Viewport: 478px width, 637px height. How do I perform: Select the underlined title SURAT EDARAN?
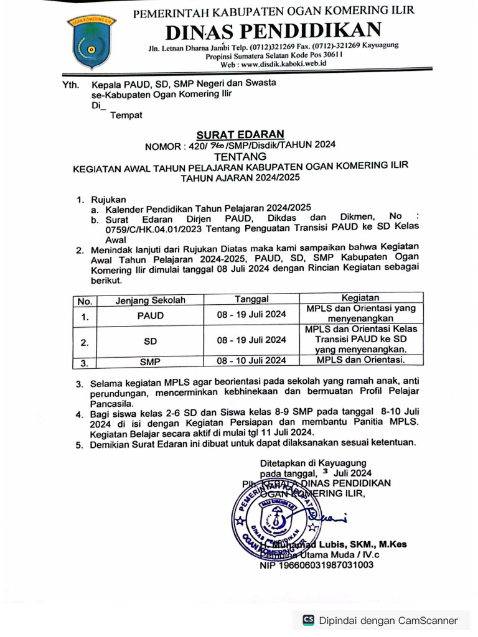pos(240,134)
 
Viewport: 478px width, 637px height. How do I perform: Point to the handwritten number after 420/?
pos(220,145)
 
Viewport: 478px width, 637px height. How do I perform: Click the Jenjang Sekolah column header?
pos(151,300)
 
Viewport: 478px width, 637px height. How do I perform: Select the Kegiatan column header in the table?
pos(361,299)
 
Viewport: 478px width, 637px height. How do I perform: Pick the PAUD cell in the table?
pos(151,315)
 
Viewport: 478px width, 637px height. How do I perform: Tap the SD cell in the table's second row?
pos(151,341)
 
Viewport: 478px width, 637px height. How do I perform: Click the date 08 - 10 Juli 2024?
pos(251,360)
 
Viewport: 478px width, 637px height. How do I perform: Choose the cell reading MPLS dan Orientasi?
pos(361,360)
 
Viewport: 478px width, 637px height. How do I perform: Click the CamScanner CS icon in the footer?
pos(308,620)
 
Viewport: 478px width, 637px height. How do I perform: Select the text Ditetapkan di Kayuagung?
pos(312,463)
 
